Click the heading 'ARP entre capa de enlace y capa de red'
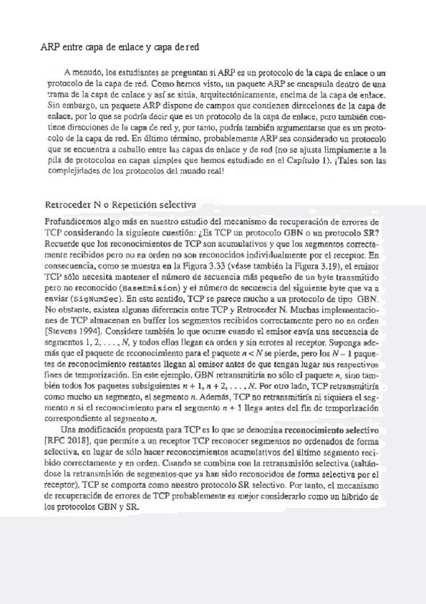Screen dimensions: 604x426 119,48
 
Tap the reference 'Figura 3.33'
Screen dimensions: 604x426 202,263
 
